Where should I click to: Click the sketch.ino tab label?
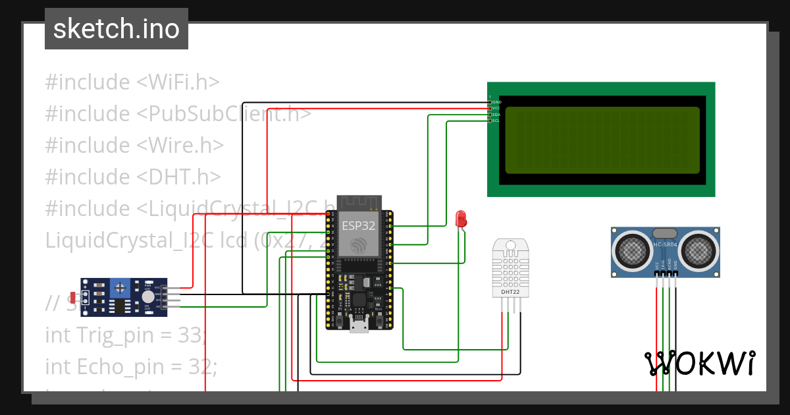click(116, 29)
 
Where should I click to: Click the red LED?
click(461, 219)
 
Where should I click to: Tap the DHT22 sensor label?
click(510, 291)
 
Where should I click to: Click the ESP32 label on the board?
click(359, 225)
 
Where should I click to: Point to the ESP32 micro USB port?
click(359, 324)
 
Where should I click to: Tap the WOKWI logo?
click(700, 363)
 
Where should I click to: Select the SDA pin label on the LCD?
click(496, 115)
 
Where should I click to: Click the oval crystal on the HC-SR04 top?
click(664, 233)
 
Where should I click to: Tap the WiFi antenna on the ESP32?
click(359, 202)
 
